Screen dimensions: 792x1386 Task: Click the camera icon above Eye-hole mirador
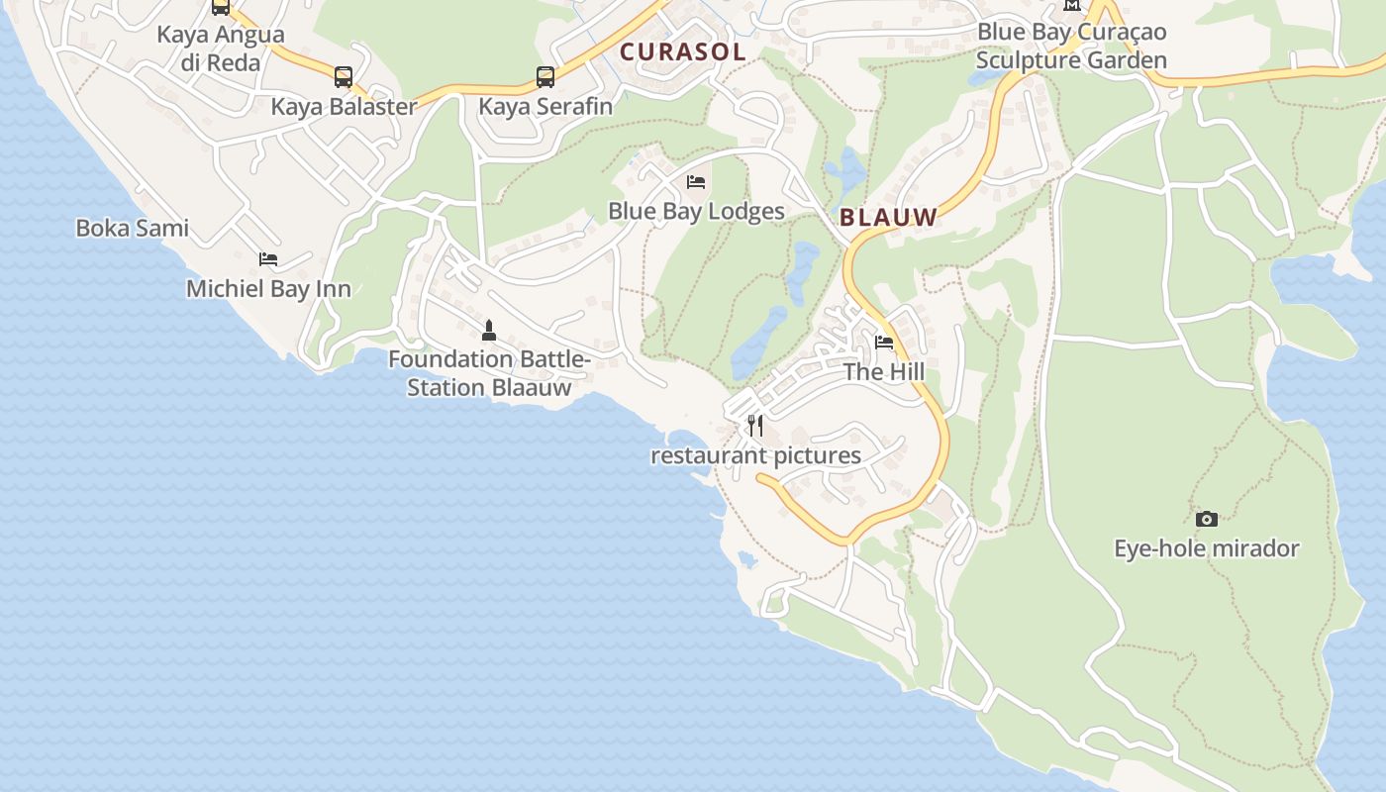point(1206,519)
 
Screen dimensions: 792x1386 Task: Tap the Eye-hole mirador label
point(1206,548)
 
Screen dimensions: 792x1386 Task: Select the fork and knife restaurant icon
point(755,426)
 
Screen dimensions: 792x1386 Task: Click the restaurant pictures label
point(755,456)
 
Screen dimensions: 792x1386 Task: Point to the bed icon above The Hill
point(884,343)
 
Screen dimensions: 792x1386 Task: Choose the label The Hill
point(884,372)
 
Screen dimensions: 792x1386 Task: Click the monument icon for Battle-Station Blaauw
point(488,330)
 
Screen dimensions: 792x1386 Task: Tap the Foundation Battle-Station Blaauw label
point(489,373)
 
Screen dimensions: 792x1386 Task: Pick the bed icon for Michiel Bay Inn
point(268,259)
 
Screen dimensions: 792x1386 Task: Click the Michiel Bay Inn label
point(268,289)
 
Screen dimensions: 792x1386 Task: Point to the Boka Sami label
point(132,229)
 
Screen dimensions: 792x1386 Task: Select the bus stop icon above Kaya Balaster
point(344,77)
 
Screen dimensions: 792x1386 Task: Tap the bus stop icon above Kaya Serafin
point(545,77)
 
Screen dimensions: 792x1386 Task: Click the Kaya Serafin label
point(545,106)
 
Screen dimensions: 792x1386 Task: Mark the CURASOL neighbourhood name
point(682,52)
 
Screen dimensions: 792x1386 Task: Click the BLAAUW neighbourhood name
point(888,218)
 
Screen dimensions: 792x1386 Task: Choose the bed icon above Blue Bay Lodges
point(696,182)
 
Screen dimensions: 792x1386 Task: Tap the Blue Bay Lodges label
point(696,212)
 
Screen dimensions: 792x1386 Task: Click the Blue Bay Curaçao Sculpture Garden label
point(1071,46)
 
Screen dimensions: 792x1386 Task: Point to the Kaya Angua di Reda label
point(221,49)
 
